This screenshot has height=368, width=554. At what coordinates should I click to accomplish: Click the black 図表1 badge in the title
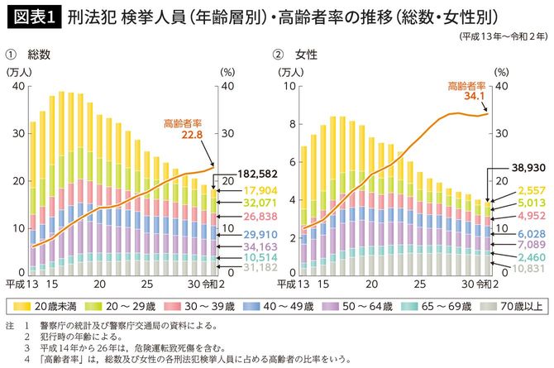pyautogui.click(x=31, y=16)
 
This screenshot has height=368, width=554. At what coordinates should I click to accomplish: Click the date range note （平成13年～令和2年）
pyautogui.click(x=500, y=38)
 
